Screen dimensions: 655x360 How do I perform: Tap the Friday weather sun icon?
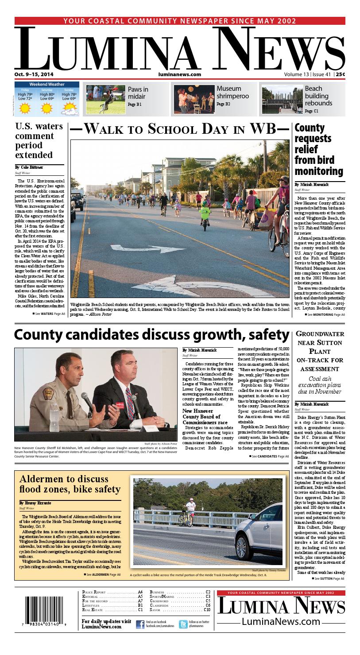point(25,107)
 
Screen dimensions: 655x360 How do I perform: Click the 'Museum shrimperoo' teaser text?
point(232,92)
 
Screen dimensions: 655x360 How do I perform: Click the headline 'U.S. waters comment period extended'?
point(39,140)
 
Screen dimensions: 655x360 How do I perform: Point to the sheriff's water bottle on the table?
point(55,414)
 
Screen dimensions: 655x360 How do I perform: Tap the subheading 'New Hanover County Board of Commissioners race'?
point(205,417)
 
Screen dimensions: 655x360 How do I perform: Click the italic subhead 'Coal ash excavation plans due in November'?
point(319,385)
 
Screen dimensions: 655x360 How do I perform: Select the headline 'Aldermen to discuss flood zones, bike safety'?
point(70,484)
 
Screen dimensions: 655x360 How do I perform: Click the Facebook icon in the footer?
point(140,624)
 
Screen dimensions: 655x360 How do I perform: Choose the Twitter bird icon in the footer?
point(183,624)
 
